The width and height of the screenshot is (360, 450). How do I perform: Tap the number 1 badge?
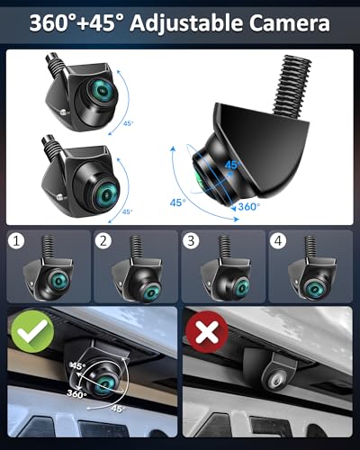click(15, 241)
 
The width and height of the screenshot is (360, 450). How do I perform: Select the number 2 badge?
click(104, 241)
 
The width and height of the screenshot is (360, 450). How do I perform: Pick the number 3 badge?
click(192, 241)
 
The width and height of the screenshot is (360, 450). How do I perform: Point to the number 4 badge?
click(279, 241)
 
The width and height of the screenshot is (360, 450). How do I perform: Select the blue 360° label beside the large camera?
click(248, 207)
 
